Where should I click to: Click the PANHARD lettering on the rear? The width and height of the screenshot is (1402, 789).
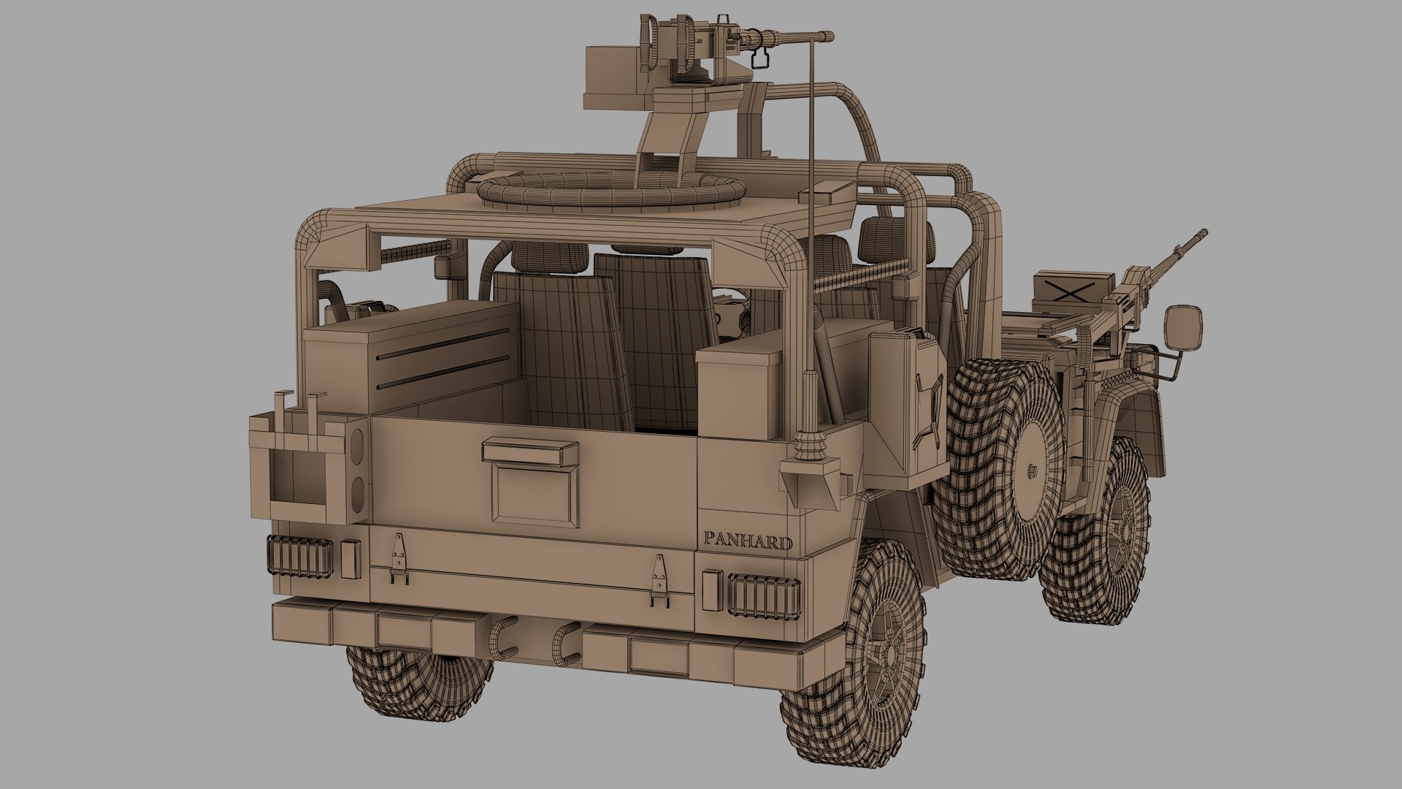pyautogui.click(x=748, y=543)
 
